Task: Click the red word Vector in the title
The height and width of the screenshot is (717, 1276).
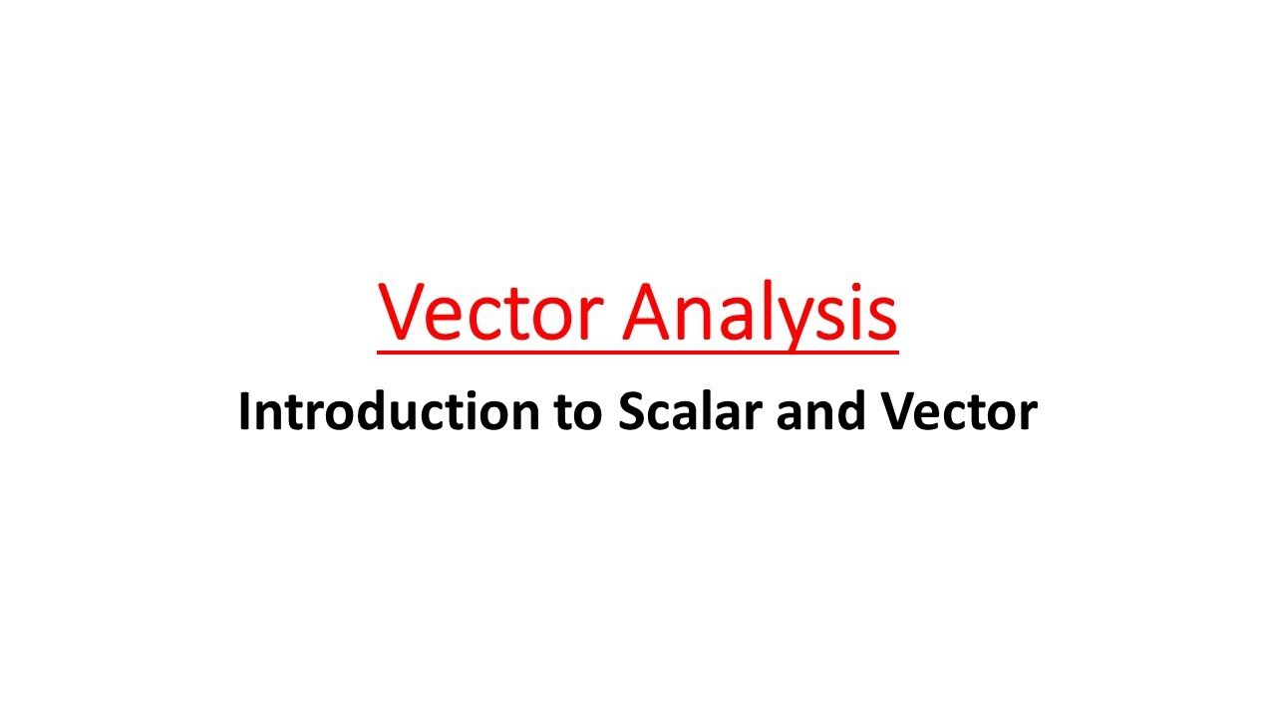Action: click(489, 311)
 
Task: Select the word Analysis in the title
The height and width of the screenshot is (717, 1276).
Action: click(760, 311)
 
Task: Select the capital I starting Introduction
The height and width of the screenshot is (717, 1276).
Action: click(244, 411)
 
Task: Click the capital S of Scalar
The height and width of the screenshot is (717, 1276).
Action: click(632, 411)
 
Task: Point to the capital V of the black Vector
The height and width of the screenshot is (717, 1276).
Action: click(896, 411)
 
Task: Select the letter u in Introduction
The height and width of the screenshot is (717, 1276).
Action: click(418, 415)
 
